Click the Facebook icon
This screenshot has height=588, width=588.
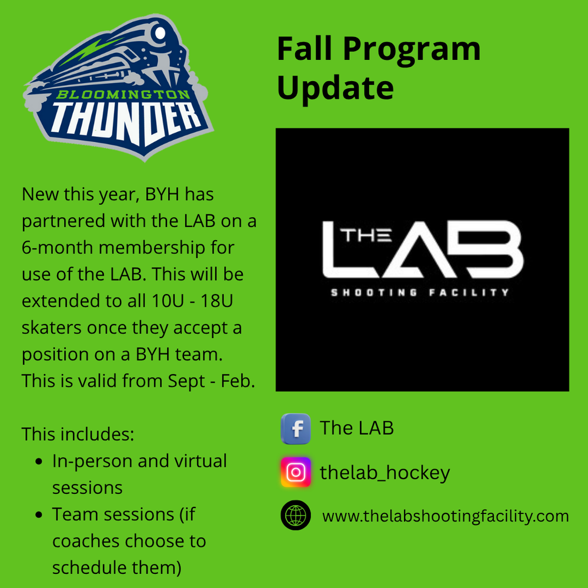[x=296, y=429]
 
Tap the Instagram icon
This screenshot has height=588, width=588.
[x=296, y=472]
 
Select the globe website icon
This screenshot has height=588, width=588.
[x=296, y=515]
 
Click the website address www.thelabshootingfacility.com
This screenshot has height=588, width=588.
[x=446, y=516]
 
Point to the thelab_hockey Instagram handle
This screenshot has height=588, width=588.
[x=385, y=473]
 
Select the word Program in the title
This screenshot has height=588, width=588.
[x=412, y=50]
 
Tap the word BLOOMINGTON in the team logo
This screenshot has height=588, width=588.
[x=123, y=94]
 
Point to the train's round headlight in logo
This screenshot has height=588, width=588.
[x=160, y=33]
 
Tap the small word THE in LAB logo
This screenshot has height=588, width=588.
[x=366, y=235]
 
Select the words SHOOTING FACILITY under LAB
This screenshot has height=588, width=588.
[x=420, y=292]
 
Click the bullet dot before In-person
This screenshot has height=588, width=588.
[x=39, y=462]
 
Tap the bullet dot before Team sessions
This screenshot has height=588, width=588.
[x=39, y=515]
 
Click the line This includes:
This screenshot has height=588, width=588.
[x=78, y=435]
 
